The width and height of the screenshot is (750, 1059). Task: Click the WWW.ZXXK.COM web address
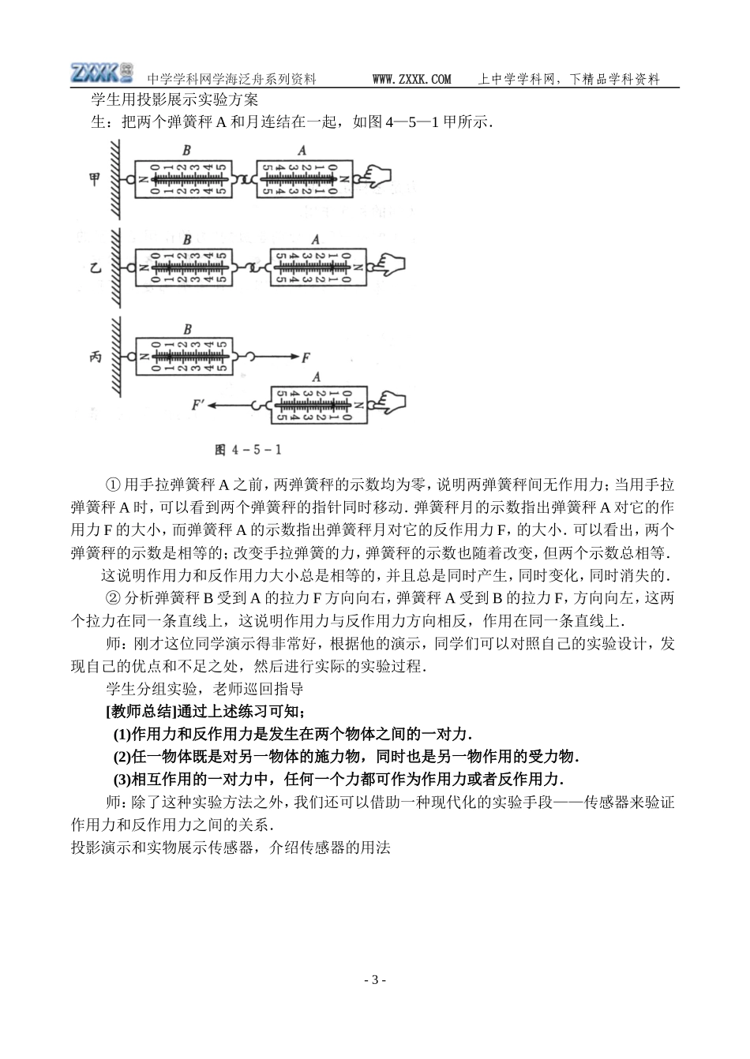[411, 79]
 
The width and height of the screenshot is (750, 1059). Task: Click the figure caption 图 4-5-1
[249, 450]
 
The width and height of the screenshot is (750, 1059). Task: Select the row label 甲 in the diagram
[95, 179]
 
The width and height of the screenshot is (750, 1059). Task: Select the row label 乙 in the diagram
[95, 268]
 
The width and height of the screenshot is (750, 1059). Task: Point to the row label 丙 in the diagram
[95, 357]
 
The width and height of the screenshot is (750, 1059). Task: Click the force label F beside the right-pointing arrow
[306, 357]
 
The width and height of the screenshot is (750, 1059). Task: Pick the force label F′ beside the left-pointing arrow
[199, 405]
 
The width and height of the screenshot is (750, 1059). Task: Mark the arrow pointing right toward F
[276, 357]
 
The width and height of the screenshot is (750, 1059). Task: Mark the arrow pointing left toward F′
[240, 405]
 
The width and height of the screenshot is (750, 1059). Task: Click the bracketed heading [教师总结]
[142, 711]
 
